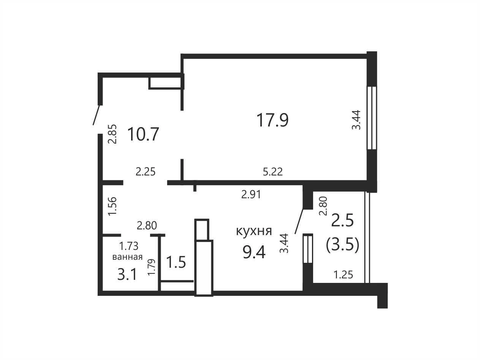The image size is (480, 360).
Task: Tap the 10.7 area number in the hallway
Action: tap(143, 134)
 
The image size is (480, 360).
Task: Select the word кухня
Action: tap(254, 231)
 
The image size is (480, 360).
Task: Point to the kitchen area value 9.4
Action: tap(254, 252)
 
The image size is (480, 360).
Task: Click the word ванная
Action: tap(127, 257)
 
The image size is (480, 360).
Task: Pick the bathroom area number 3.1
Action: tap(127, 275)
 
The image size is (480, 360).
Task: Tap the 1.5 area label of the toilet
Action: tap(176, 262)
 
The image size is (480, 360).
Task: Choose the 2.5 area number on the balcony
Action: tap(342, 221)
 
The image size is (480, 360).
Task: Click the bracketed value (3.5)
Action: tap(342, 245)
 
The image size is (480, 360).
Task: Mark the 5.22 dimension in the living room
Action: tap(273, 172)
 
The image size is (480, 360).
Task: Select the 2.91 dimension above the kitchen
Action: tap(251, 195)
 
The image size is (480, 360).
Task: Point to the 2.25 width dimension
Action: tap(146, 172)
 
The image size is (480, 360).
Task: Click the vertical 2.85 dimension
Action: tap(113, 134)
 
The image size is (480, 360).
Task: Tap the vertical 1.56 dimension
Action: tap(113, 207)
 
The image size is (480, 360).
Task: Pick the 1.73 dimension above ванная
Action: tap(128, 246)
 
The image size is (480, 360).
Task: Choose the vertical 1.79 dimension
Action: tap(151, 267)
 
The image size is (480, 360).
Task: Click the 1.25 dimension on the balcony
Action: tap(343, 275)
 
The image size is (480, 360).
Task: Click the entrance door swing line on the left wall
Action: tap(97, 115)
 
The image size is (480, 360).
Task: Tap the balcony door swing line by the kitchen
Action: tap(299, 221)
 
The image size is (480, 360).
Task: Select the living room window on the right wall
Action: tap(372, 118)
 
